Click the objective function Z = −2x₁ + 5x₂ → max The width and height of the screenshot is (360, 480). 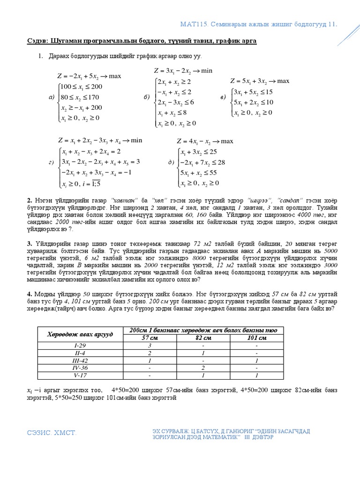click(89, 76)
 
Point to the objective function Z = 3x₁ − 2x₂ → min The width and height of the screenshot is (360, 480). click(183, 71)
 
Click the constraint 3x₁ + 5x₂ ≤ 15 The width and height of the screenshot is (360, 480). click(253, 92)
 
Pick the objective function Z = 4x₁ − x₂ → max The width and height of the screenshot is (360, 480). click(204, 141)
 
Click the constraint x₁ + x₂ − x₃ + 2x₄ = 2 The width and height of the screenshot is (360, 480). click(91, 151)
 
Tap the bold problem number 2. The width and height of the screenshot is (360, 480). click(29, 201)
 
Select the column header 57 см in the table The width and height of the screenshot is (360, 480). click(150, 338)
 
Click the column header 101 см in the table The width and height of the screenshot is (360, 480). click(256, 338)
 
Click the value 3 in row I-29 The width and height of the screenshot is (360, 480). click(150, 345)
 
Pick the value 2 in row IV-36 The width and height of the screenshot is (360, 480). click(203, 368)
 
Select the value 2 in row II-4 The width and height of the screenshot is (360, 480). click(150, 353)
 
